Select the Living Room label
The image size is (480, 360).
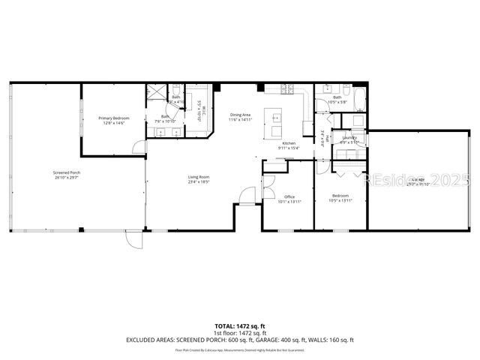pyautogui.click(x=198, y=177)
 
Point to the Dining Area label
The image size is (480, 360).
pyautogui.click(x=241, y=115)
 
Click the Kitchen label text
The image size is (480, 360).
pyautogui.click(x=289, y=143)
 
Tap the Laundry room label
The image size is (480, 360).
pyautogui.click(x=349, y=137)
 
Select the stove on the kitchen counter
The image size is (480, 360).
pyautogui.click(x=286, y=90)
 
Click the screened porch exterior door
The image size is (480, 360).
pyautogui.click(x=133, y=239)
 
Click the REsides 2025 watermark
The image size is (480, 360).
pyautogui.click(x=416, y=180)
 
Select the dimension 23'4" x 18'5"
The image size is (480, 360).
pyautogui.click(x=198, y=182)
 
